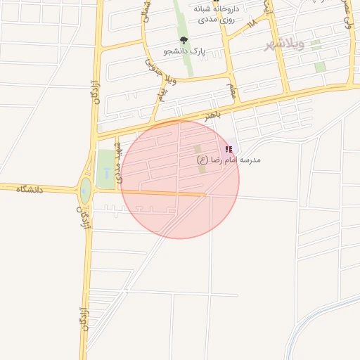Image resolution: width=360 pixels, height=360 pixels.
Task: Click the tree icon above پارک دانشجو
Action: [x=184, y=41]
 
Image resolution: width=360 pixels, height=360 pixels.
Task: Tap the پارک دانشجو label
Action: [x=184, y=51]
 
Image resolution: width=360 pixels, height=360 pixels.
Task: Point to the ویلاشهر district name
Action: [x=284, y=46]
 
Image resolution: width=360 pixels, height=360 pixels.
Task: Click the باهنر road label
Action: [x=213, y=113]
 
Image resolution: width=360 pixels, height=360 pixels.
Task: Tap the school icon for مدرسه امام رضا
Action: [x=229, y=149]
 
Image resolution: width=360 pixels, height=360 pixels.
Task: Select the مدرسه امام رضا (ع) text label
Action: [x=229, y=160]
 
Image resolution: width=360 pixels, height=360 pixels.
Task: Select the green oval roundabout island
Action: [x=86, y=189]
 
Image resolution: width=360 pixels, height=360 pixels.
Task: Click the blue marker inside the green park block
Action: [x=105, y=171]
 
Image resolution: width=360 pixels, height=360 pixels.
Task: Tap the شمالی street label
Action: [x=146, y=10]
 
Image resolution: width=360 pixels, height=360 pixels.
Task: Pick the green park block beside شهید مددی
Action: [x=103, y=163]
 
